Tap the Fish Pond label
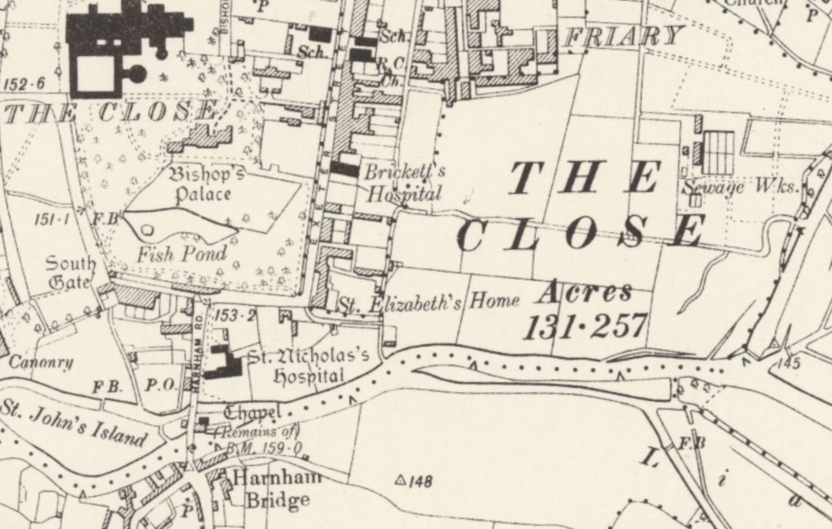tap(181, 253)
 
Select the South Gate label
tap(70, 272)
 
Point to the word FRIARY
tap(625, 36)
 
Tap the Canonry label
tap(40, 362)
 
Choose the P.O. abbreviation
tap(154, 385)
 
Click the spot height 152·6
tap(25, 84)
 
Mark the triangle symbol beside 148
tap(400, 481)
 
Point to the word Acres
tap(585, 293)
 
